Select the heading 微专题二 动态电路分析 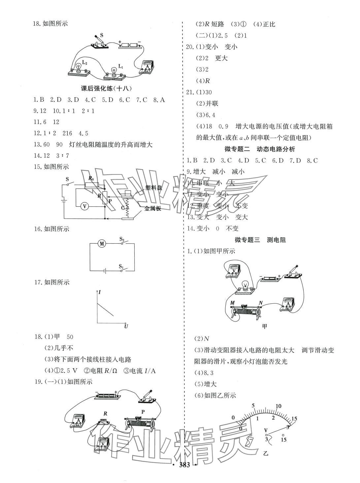click(x=260, y=149)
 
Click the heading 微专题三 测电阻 click(x=260, y=240)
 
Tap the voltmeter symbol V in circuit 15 click(x=85, y=206)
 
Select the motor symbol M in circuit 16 click(x=102, y=244)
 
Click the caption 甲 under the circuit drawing click(x=264, y=326)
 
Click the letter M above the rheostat click(x=232, y=303)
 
